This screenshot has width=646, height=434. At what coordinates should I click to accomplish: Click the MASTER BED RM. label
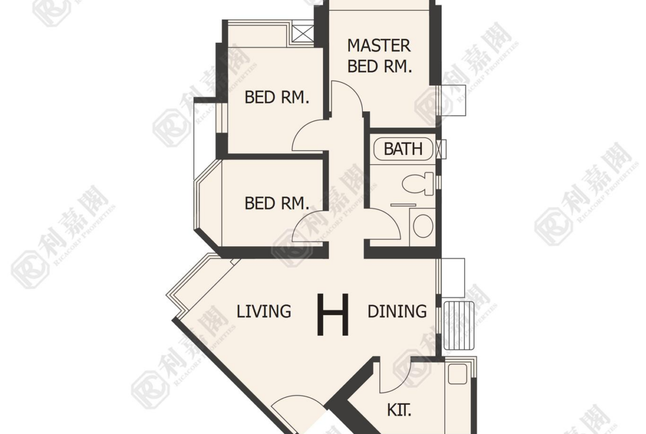pyautogui.click(x=379, y=56)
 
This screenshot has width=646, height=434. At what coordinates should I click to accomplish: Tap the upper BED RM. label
pyautogui.click(x=277, y=97)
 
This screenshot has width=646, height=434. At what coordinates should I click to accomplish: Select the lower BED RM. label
pyautogui.click(x=277, y=203)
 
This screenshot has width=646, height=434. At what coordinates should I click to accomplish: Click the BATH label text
pyautogui.click(x=403, y=149)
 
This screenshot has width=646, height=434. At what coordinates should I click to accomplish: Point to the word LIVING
pyautogui.click(x=264, y=311)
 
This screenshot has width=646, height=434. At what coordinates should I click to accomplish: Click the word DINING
pyautogui.click(x=397, y=311)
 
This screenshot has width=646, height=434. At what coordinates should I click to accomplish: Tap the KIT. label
pyautogui.click(x=399, y=410)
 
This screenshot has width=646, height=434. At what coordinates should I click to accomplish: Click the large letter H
pyautogui.click(x=333, y=315)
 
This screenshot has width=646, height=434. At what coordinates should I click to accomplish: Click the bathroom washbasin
pyautogui.click(x=423, y=225)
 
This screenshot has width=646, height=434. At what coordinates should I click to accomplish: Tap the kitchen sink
pyautogui.click(x=457, y=374)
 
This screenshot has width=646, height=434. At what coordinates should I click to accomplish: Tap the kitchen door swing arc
pyautogui.click(x=402, y=382)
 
